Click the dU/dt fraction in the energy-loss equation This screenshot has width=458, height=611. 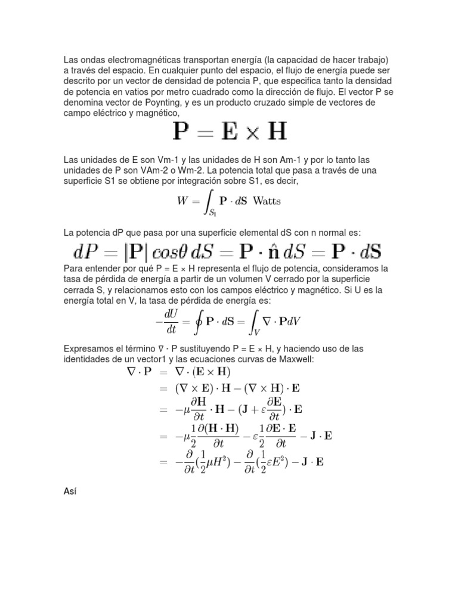coord(172,320)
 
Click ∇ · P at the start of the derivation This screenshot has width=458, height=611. coord(139,371)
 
